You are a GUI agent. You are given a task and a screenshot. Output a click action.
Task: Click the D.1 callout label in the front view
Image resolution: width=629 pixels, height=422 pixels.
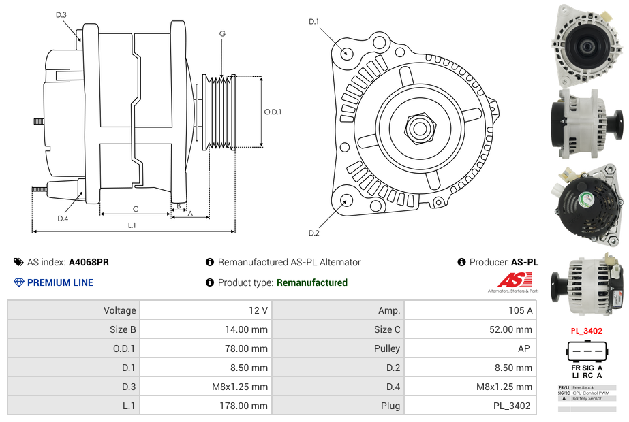(x=313, y=22)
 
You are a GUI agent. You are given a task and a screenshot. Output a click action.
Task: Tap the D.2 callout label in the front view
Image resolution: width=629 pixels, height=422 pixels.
(x=313, y=233)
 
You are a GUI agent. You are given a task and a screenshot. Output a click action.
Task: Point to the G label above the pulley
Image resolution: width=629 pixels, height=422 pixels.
(x=222, y=33)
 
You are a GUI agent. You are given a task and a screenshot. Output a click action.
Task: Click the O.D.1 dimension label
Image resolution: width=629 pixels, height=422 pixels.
(x=273, y=112)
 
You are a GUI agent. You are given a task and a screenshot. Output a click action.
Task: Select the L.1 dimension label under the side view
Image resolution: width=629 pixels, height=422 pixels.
(x=132, y=225)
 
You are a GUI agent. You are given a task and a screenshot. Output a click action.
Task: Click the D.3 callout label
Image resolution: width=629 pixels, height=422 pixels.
(x=61, y=14)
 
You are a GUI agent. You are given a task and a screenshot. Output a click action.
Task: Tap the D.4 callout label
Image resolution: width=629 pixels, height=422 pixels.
(x=63, y=218)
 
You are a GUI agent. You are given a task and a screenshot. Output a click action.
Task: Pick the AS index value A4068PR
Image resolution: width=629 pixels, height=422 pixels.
(x=89, y=262)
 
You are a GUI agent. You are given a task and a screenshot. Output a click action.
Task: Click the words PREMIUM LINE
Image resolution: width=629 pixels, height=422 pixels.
(x=60, y=282)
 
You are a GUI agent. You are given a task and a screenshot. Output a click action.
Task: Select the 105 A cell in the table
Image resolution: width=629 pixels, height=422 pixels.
(x=520, y=310)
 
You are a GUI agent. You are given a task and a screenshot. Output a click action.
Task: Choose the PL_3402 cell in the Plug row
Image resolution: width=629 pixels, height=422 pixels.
(x=512, y=406)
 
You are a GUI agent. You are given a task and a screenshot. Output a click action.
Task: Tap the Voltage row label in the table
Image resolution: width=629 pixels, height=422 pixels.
(x=119, y=310)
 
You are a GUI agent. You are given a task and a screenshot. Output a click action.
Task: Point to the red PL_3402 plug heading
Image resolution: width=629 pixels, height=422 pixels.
(x=586, y=331)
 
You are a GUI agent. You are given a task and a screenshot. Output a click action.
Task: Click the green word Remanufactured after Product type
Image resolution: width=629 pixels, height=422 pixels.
(x=312, y=282)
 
